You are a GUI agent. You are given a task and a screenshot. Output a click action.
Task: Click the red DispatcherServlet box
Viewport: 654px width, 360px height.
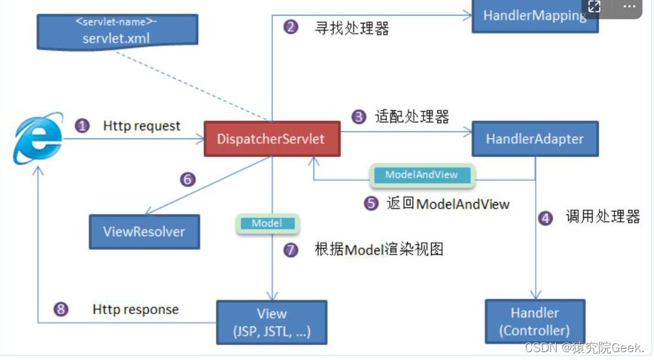pyautogui.click(x=272, y=138)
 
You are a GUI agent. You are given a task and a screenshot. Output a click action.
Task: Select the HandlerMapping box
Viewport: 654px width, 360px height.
pyautogui.click(x=534, y=15)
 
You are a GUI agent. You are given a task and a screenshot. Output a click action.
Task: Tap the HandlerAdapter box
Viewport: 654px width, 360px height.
pyautogui.click(x=535, y=138)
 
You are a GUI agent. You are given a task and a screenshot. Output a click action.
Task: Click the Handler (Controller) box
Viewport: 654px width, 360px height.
pyautogui.click(x=535, y=321)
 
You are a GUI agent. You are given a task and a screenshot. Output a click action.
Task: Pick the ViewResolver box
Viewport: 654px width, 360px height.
pyautogui.click(x=144, y=231)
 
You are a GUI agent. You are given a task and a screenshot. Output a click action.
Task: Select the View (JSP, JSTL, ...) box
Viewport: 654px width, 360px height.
pyautogui.click(x=272, y=323)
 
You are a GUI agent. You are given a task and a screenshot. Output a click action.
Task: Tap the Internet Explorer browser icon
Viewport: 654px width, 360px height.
pyautogui.click(x=37, y=138)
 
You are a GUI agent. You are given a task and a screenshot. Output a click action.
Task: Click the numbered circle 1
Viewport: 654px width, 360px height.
pyautogui.click(x=82, y=125)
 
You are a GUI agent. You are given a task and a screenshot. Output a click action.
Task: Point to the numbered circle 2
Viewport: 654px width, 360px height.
pyautogui.click(x=291, y=28)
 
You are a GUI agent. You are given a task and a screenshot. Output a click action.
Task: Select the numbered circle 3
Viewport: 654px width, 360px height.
pyautogui.click(x=359, y=117)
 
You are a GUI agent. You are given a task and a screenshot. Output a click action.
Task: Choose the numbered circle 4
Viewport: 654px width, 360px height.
pyautogui.click(x=545, y=218)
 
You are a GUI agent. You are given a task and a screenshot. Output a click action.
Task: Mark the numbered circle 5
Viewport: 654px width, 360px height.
pyautogui.click(x=371, y=203)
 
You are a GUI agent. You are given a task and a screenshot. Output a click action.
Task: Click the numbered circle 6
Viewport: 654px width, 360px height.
pyautogui.click(x=188, y=180)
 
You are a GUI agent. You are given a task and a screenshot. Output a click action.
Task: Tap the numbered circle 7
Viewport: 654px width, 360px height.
pyautogui.click(x=291, y=250)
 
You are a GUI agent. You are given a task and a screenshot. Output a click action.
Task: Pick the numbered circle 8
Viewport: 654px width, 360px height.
pyautogui.click(x=61, y=310)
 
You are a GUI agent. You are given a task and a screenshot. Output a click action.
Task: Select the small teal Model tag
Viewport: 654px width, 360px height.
pyautogui.click(x=267, y=224)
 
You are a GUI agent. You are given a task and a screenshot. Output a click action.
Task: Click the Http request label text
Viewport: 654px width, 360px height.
pyautogui.click(x=142, y=125)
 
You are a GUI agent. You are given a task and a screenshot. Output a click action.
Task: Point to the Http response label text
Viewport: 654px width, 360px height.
pyautogui.click(x=135, y=309)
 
